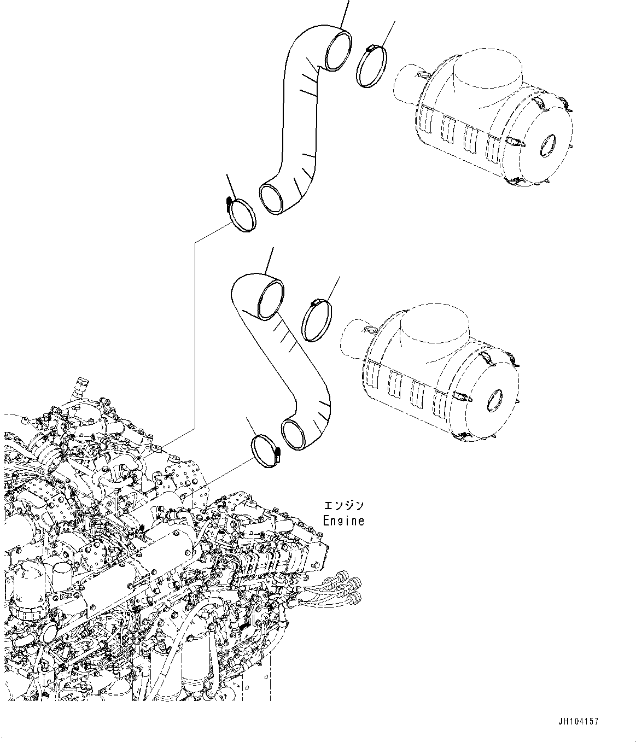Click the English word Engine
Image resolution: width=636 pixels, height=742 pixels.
(x=343, y=521)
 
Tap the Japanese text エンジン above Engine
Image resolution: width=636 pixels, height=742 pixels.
(x=343, y=506)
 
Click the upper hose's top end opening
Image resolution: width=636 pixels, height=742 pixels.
(x=338, y=51)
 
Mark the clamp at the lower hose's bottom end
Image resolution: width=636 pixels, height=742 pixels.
(x=265, y=450)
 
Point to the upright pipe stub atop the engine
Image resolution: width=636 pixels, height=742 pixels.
(x=82, y=385)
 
